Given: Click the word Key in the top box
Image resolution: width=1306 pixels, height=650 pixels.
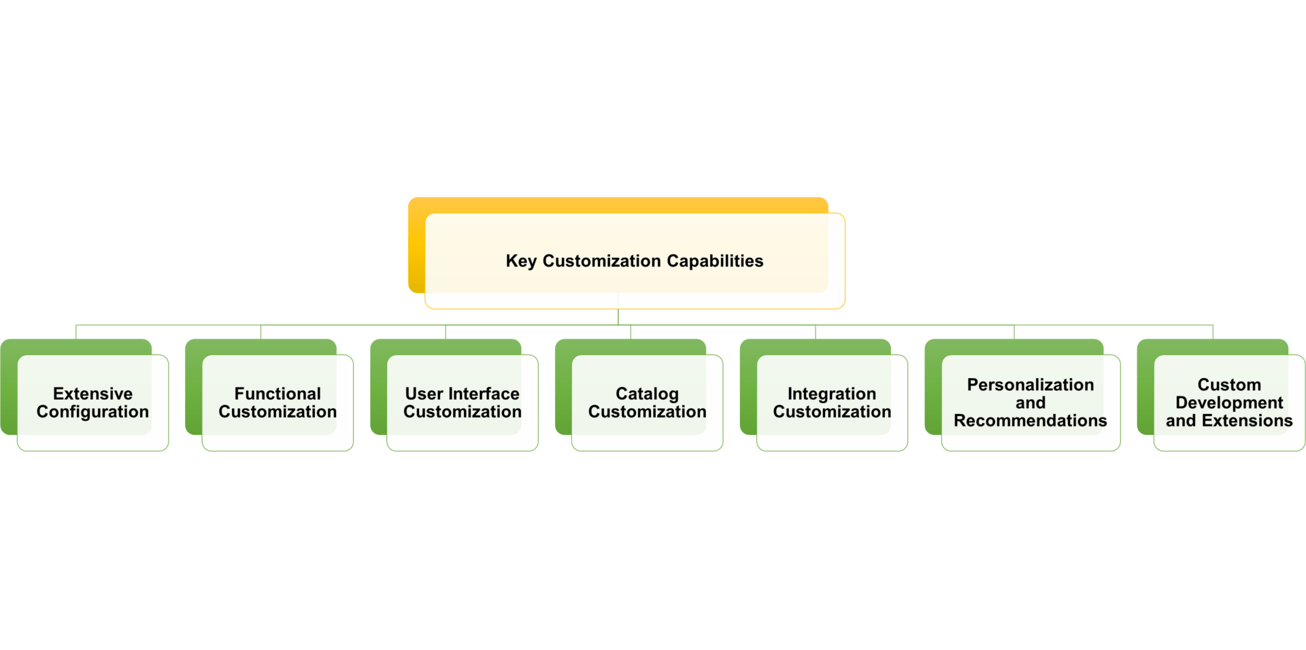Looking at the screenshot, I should [x=520, y=261].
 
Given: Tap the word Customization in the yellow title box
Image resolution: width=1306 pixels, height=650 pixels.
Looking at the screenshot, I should [x=601, y=261].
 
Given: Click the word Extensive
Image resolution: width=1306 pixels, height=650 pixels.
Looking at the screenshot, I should [x=93, y=394].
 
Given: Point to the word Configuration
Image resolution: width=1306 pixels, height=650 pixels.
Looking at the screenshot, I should [x=93, y=412].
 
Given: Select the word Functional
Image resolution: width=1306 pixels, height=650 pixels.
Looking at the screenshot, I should [x=278, y=394].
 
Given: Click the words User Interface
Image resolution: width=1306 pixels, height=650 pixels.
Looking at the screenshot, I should [x=462, y=394].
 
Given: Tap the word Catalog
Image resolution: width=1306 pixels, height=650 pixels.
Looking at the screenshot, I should [x=647, y=394].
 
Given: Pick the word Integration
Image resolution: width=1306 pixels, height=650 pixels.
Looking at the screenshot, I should [x=831, y=394].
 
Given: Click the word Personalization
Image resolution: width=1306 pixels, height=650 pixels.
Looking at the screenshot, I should [x=1030, y=385].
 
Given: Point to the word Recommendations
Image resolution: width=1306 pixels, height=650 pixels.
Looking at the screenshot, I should [x=1030, y=421].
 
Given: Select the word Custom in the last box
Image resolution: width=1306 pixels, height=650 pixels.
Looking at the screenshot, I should [x=1228, y=385].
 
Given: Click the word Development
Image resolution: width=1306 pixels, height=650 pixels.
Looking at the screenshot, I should [x=1228, y=403].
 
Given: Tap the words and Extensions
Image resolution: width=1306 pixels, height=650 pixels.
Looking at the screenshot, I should [x=1228, y=421].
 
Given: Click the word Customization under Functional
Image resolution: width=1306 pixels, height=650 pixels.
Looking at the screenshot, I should [x=278, y=412].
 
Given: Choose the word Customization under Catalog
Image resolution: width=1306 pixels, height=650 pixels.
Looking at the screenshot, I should [x=647, y=412].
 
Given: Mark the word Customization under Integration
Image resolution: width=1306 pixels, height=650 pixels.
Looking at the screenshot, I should [x=831, y=412].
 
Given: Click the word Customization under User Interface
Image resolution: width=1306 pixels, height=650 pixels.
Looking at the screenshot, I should [x=462, y=412].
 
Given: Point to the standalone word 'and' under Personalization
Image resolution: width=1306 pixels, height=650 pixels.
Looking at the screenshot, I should [x=1030, y=403].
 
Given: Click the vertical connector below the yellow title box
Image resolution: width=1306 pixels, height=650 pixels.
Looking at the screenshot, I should [x=618, y=317].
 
